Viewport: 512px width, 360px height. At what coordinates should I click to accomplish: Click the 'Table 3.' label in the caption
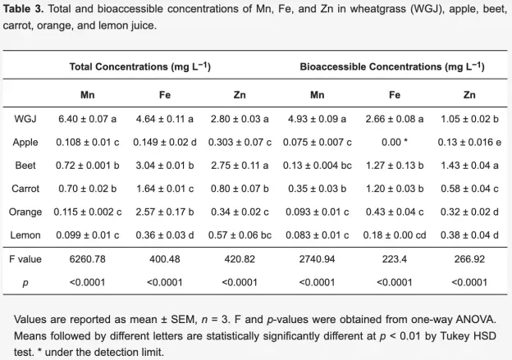(x=23, y=9)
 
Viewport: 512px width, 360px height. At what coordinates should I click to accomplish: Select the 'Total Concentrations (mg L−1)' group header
(x=140, y=66)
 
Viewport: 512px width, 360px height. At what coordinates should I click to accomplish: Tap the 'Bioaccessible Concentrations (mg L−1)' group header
(x=392, y=66)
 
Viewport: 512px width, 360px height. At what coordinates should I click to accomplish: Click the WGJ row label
(x=25, y=119)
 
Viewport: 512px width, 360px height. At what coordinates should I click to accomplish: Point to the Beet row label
(x=25, y=166)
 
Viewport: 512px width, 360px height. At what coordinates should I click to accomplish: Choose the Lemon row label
(x=25, y=235)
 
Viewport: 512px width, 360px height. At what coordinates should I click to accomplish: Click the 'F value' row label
(x=25, y=259)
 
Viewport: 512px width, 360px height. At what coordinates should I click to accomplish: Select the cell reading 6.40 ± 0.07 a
(x=88, y=119)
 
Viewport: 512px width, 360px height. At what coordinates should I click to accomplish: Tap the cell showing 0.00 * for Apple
(x=395, y=143)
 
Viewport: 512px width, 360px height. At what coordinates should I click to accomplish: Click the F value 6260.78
(x=88, y=259)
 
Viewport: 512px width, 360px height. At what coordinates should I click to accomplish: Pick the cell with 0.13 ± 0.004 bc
(x=318, y=166)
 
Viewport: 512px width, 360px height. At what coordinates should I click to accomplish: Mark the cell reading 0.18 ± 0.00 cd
(x=395, y=235)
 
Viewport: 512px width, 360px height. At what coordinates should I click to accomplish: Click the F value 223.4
(x=395, y=259)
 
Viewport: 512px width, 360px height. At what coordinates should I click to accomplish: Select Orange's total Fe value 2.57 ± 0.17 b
(x=165, y=212)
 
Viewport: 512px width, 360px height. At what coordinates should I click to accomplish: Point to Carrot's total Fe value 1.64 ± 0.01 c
(x=165, y=189)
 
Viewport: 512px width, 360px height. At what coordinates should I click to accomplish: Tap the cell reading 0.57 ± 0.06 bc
(x=240, y=235)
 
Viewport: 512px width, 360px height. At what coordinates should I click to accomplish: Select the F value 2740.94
(x=318, y=259)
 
